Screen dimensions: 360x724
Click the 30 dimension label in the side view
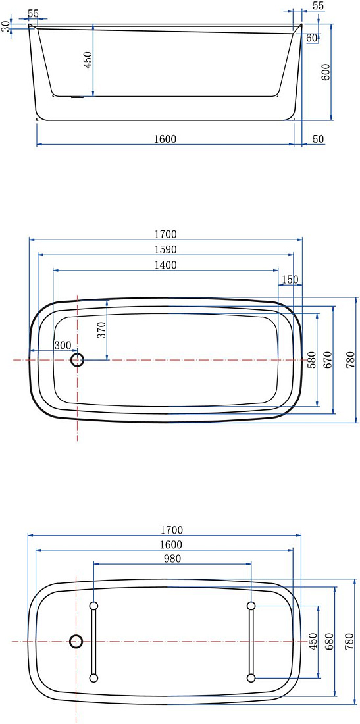pos(5,26)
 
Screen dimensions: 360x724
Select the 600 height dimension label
pos(325,72)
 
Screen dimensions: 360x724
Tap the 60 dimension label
pos(311,38)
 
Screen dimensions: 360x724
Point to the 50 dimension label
pos(318,138)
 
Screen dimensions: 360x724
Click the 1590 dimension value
pos(165,249)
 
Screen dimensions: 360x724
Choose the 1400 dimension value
pos(165,265)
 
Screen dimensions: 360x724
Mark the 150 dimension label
pos(290,279)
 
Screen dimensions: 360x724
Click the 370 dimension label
pos(101,330)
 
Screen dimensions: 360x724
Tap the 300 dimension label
pos(63,345)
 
